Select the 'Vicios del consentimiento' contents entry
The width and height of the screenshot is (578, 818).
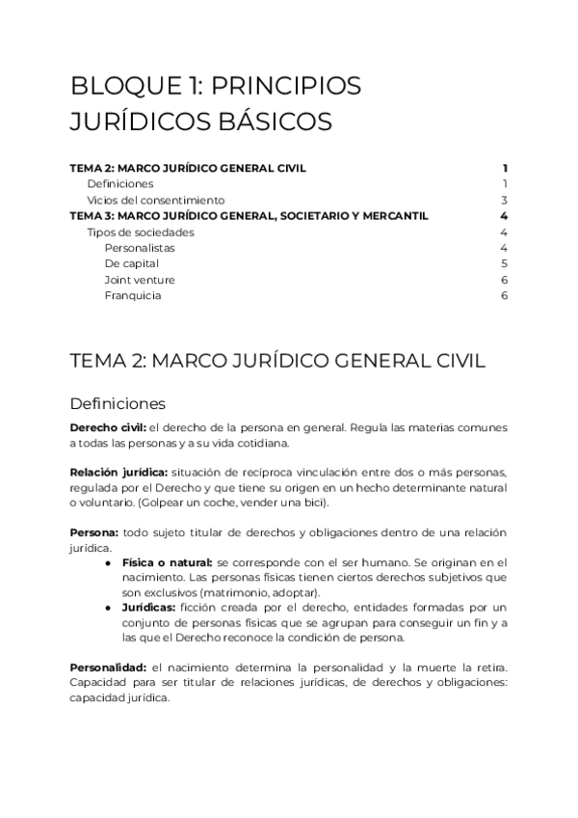(x=155, y=200)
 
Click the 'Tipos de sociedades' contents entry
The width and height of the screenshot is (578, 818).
(x=140, y=232)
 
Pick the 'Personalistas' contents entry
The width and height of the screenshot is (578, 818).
(x=140, y=248)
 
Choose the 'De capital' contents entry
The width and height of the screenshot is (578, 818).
(x=132, y=263)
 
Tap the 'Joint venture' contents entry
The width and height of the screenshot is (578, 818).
(x=140, y=280)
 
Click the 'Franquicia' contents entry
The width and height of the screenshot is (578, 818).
(x=133, y=295)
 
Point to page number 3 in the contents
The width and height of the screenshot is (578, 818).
(x=504, y=200)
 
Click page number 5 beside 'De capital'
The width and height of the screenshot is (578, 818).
(x=504, y=263)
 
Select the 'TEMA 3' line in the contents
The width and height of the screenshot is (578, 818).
(x=250, y=215)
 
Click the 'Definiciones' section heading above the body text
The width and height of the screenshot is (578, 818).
(x=118, y=402)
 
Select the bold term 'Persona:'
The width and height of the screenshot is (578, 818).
(x=94, y=532)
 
